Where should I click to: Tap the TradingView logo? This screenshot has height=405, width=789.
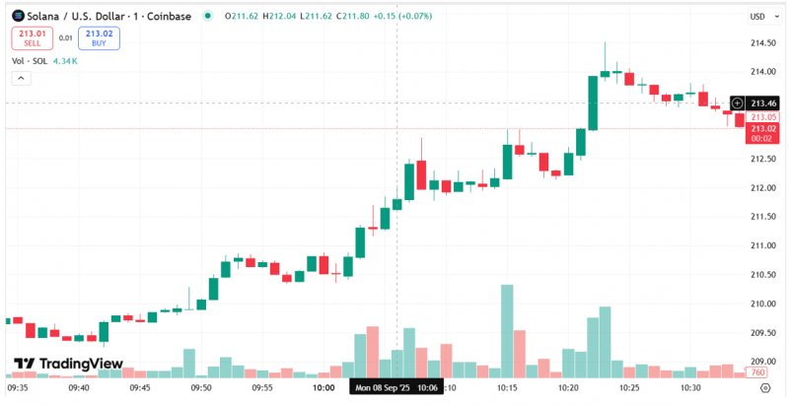68,364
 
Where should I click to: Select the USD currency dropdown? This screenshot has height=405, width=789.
758,16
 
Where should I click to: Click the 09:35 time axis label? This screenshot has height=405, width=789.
18,388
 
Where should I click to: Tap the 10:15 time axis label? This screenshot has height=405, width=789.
507,388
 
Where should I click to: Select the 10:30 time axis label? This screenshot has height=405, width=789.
690,388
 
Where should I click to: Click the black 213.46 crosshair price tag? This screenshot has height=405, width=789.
764,102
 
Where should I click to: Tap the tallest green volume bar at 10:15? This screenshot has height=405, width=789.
507,330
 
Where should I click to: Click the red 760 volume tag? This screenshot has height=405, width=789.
757,372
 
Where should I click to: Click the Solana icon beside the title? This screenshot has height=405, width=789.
15,16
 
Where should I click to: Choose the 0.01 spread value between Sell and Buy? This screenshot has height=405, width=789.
65,37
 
